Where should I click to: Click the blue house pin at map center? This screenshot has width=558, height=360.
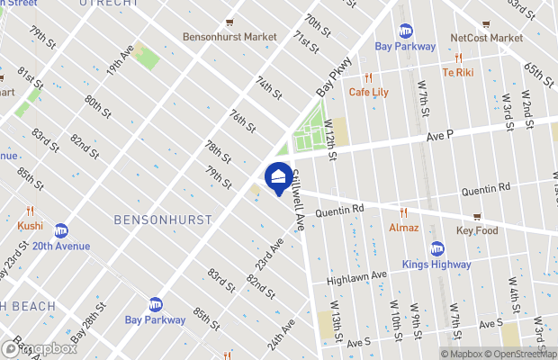pos(277,175)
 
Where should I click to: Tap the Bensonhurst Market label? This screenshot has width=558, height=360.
pos(229,37)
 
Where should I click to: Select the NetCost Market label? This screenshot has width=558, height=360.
pos(486,38)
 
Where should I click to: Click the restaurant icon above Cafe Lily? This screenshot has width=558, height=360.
pos(367,77)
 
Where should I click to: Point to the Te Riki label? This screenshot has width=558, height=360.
pos(457,72)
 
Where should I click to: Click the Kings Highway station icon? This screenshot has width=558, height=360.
pos(437,249)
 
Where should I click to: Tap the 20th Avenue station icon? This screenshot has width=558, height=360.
pos(61,230)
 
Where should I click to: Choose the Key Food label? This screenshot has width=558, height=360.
pos(477,230)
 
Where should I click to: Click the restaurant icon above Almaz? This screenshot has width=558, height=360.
pos(404,213)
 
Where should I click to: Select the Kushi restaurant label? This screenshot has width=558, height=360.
pos(30,225)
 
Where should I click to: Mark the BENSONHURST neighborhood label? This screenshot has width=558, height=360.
pos(163,220)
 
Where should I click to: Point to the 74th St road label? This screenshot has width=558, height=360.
pos(268,87)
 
